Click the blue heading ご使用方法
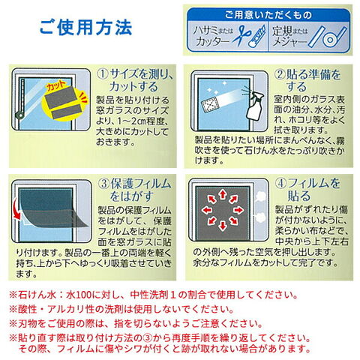[85, 28]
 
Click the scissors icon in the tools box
[241, 36]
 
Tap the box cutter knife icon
[257, 37]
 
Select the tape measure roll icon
[329, 37]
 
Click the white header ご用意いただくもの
[268, 15]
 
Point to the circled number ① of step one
[103, 74]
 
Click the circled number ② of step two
[280, 74]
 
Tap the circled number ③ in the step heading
[103, 184]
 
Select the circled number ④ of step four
[280, 184]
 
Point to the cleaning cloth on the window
[209, 106]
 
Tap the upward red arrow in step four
[222, 194]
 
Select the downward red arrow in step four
[222, 226]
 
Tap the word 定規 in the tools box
[282, 31]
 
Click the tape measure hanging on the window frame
[22, 98]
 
